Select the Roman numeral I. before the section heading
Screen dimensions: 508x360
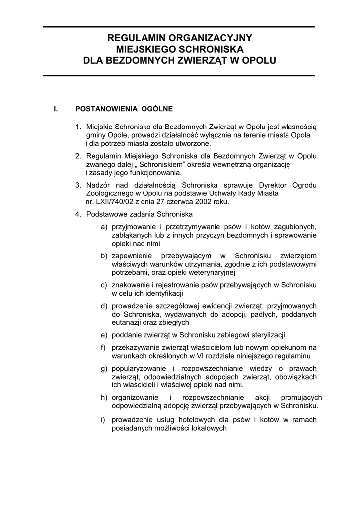(x=56, y=109)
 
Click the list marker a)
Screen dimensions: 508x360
(x=104, y=227)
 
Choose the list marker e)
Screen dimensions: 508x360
(x=104, y=335)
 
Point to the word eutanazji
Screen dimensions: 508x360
(x=127, y=322)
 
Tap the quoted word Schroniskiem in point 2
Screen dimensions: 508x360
(x=160, y=164)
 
